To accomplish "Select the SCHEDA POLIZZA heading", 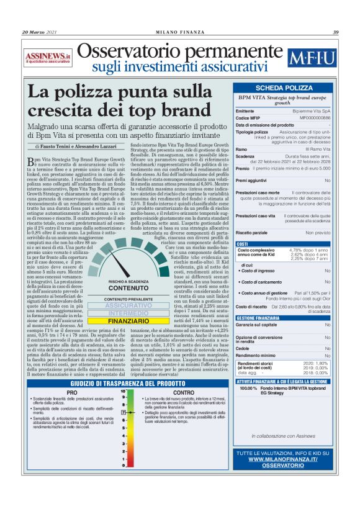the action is [x=284, y=89].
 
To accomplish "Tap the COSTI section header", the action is [x=245, y=244].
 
